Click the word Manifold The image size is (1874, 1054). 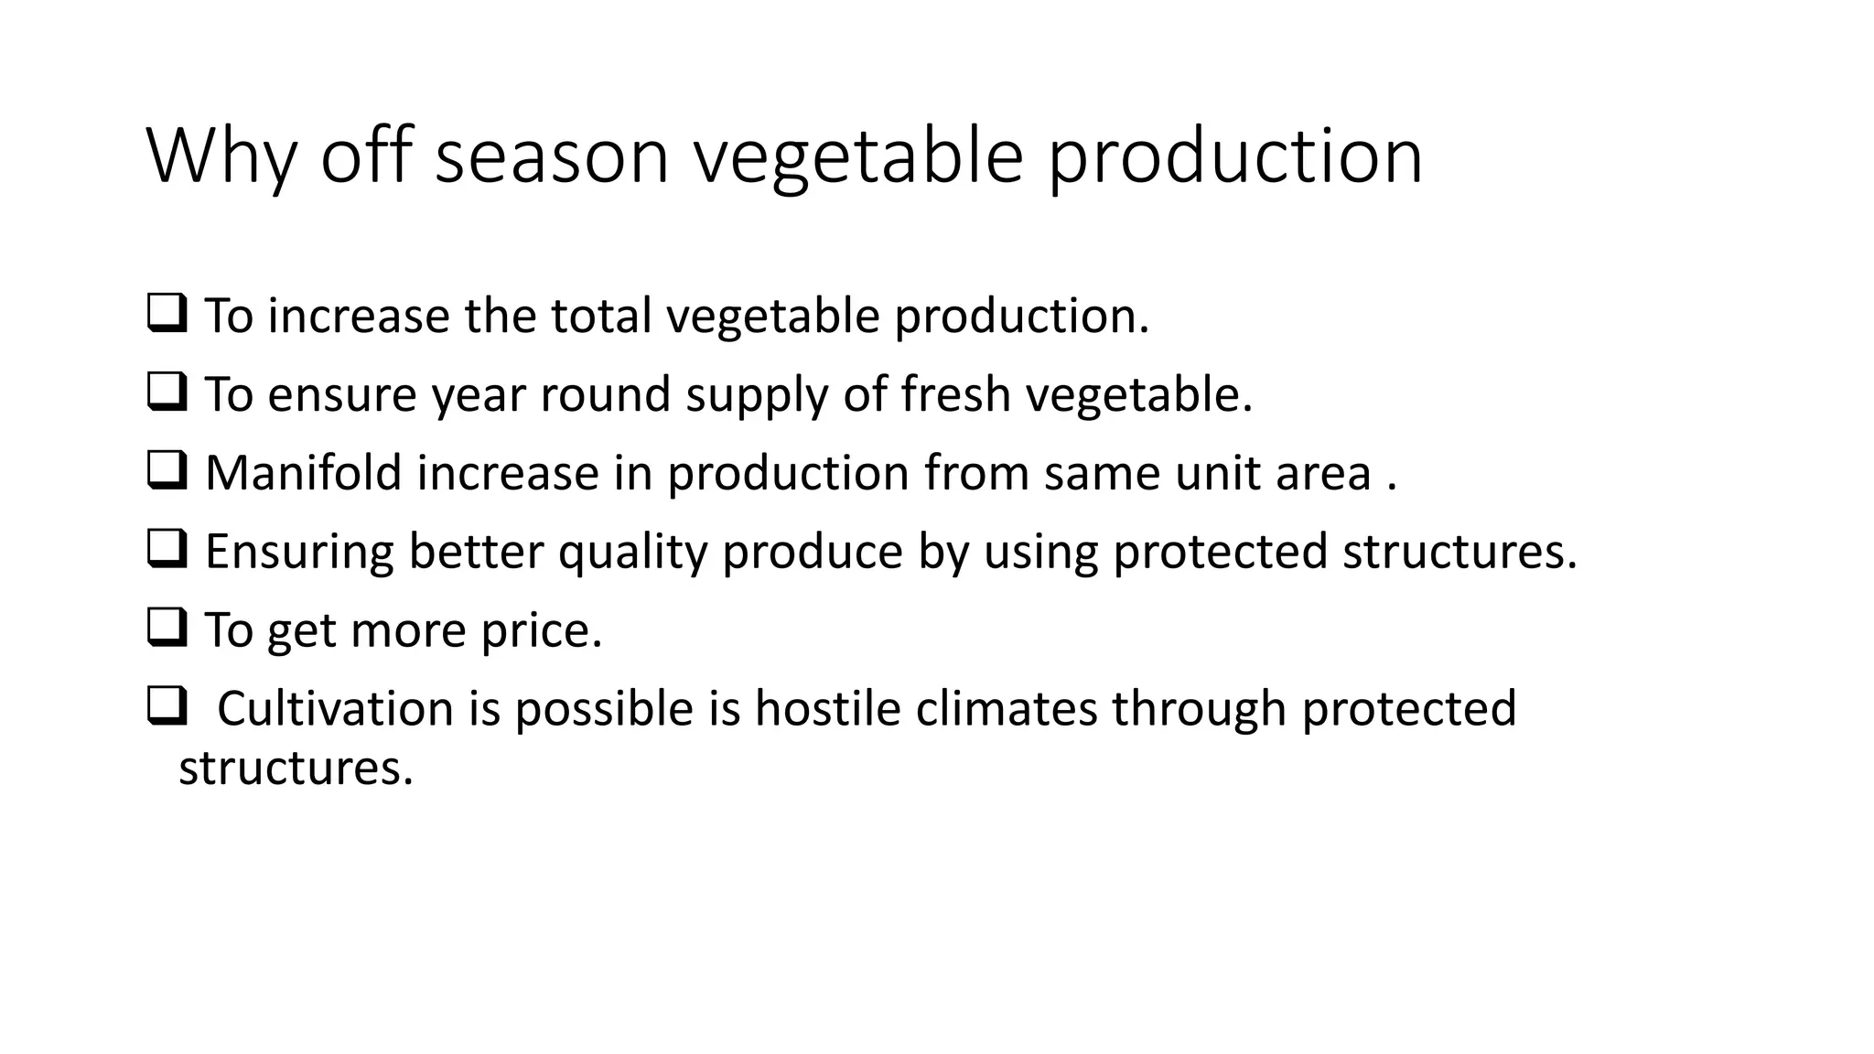[304, 473]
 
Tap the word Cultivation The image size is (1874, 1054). [335, 709]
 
